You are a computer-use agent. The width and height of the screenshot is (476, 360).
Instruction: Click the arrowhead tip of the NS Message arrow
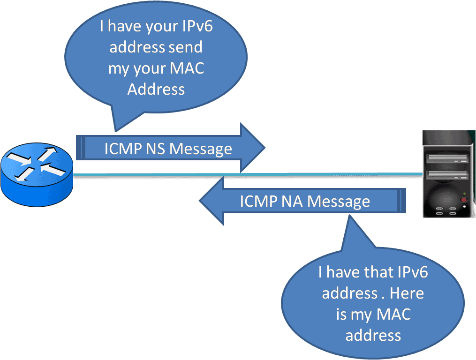(264, 148)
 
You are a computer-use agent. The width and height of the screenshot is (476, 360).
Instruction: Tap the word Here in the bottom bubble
(406, 293)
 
